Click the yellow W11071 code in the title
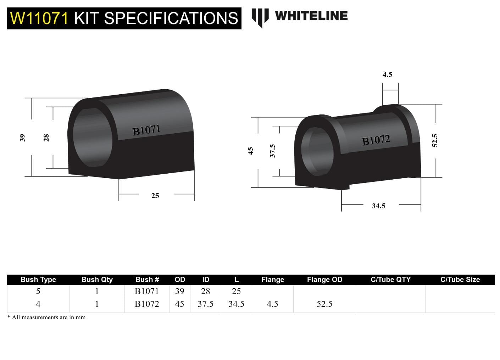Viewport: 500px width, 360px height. tap(39, 18)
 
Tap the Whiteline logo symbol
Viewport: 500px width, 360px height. tap(260, 17)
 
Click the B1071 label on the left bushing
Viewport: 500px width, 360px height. tap(146, 130)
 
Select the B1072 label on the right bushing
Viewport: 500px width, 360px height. tap(376, 140)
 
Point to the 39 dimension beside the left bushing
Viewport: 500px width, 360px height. tap(22, 137)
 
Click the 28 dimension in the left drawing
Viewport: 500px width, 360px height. tap(46, 137)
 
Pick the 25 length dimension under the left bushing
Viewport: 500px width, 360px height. tap(155, 196)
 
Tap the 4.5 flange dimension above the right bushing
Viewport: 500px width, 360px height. tap(387, 74)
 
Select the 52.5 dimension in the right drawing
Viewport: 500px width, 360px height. tap(435, 140)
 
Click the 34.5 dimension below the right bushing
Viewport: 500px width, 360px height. tap(378, 206)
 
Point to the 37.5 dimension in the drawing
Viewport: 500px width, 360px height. tap(272, 151)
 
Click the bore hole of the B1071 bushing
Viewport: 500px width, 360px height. tap(92, 137)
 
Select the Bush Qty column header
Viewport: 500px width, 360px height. tap(97, 280)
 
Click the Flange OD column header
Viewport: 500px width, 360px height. tap(324, 280)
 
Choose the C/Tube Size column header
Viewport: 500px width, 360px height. tap(460, 280)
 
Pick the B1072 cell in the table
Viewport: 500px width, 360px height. tap(147, 304)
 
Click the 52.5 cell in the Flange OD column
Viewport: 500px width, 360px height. tap(324, 304)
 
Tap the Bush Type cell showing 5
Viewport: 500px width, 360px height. tap(38, 291)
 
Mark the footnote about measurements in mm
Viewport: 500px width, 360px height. tap(46, 317)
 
